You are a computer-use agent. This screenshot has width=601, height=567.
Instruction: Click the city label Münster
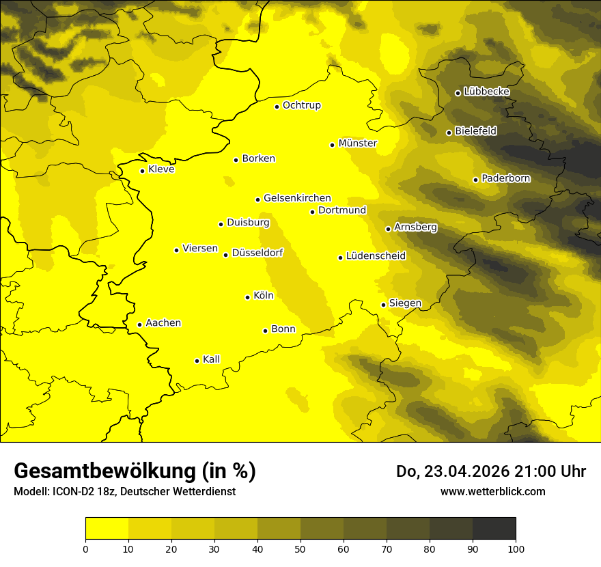pos(358,143)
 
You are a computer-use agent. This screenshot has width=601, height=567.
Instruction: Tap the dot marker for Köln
pos(248,297)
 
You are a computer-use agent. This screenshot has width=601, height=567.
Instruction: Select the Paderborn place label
pos(506,178)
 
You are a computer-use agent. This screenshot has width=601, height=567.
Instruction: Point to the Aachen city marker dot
pos(140,324)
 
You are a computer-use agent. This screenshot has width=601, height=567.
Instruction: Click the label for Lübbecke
pos(487,92)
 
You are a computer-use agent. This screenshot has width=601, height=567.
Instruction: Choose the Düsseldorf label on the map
pos(257,253)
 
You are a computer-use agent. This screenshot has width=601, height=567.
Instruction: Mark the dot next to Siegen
pos(384,305)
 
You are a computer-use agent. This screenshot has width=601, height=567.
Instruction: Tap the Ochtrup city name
pos(302,105)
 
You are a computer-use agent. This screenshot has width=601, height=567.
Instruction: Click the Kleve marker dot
pos(143,171)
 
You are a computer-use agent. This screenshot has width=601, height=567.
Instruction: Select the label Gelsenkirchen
pos(297,198)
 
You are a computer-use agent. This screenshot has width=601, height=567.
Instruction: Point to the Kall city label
pos(212,359)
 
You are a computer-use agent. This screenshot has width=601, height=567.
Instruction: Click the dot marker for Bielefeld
pos(449,133)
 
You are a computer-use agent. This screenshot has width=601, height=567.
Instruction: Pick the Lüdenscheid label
pos(376,256)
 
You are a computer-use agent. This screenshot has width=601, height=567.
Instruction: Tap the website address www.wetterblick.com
pos(492,491)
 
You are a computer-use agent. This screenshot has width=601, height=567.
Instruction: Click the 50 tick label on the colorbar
pos(300,549)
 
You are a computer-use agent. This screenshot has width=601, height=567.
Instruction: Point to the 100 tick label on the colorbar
pos(516,549)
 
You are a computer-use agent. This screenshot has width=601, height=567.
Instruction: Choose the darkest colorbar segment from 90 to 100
pos(494,529)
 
